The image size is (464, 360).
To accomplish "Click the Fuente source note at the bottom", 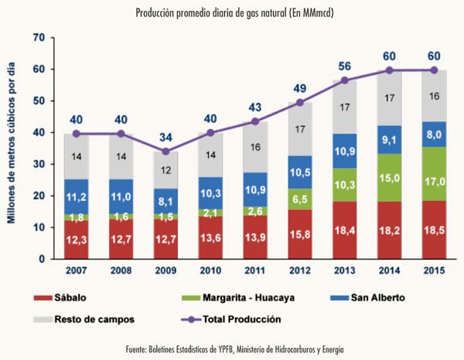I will pos(232,350).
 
